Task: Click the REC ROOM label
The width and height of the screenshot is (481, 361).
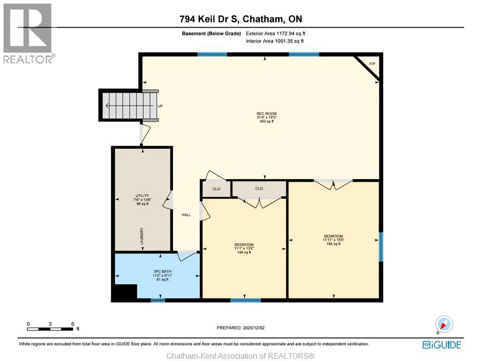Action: pyautogui.click(x=266, y=114)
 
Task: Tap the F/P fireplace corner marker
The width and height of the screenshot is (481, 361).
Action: pyautogui.click(x=372, y=64)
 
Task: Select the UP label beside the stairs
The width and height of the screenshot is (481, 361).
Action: pyautogui.click(x=160, y=106)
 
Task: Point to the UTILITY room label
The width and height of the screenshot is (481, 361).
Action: pyautogui.click(x=142, y=196)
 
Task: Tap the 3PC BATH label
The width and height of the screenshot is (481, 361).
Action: pyautogui.click(x=161, y=271)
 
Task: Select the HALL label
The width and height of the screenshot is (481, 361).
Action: pyautogui.click(x=186, y=215)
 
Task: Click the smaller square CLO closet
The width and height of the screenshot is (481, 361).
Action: pyautogui.click(x=216, y=189)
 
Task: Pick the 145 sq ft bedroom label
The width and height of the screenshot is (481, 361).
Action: pyautogui.click(x=244, y=248)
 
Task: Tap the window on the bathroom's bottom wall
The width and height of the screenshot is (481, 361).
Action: pyautogui.click(x=158, y=299)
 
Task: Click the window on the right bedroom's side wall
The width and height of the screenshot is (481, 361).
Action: pyautogui.click(x=381, y=247)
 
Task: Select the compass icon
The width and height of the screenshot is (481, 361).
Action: pyautogui.click(x=443, y=324)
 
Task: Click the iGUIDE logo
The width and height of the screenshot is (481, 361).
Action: pyautogui.click(x=442, y=345)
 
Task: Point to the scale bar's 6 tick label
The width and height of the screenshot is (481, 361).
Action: pyautogui.click(x=72, y=324)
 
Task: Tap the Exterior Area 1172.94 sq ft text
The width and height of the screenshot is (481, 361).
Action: pyautogui.click(x=279, y=33)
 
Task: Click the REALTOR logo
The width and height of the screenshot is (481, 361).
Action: pyautogui.click(x=28, y=33)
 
